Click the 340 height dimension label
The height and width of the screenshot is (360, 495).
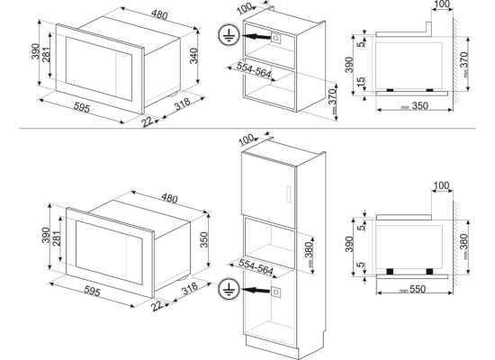pos(193,56)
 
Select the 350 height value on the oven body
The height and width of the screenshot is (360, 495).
pos(204,239)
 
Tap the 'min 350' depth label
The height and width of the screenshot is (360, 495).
pos(415,106)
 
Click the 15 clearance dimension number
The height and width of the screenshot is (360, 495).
pos(361,82)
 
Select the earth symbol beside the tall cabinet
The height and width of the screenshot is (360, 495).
pos(229,289)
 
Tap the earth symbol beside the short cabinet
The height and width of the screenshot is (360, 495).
pos(229,35)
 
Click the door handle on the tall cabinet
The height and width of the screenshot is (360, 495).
pos(288,193)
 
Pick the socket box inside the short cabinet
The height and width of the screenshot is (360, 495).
pos(275,38)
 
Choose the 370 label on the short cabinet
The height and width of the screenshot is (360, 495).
pos(333,101)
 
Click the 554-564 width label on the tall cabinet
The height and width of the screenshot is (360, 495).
pos(256,266)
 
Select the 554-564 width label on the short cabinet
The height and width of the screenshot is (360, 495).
pos(254,70)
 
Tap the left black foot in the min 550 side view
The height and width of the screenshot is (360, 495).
pos(390,271)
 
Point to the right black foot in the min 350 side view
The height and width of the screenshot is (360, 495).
pos(429,90)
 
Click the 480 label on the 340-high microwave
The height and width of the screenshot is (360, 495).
pos(159,14)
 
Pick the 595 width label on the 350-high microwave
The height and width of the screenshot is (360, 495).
pos(92,292)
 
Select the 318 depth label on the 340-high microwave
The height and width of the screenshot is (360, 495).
pos(183,104)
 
